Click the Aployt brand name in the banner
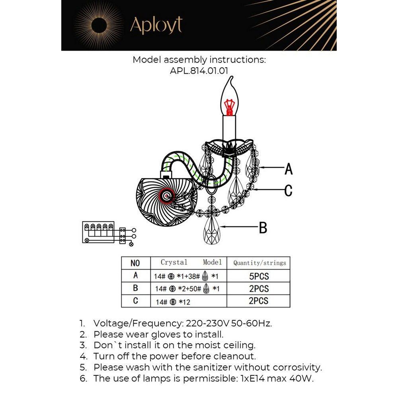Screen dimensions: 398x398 156,25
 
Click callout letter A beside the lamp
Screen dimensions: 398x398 289,169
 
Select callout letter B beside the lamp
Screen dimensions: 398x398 263,228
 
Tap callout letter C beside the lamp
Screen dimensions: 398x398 289,190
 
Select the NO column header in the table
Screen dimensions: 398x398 135,263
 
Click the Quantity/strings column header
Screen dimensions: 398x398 259,263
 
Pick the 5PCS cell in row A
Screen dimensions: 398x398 259,276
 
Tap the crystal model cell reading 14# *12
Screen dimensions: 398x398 173,302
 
